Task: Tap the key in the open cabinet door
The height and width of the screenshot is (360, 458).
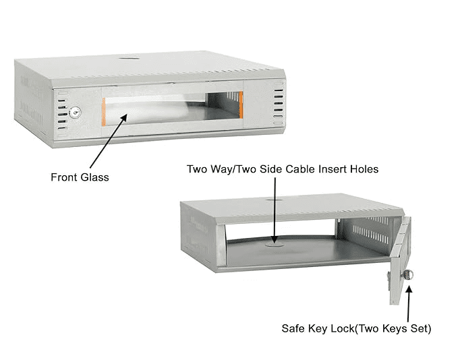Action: [x=409, y=274]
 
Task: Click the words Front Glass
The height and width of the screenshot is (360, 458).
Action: [x=80, y=177]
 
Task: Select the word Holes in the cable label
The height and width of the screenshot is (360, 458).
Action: [x=364, y=169]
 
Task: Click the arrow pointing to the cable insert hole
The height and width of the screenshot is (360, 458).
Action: [x=276, y=209]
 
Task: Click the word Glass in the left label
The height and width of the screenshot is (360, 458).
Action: [x=94, y=177]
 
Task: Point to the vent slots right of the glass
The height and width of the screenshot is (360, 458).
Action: [x=277, y=104]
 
